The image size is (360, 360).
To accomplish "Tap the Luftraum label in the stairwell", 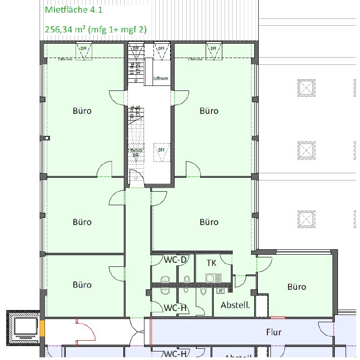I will point(161,78).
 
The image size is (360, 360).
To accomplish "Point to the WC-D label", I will point(175,260).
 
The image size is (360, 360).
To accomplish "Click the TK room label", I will point(212,263).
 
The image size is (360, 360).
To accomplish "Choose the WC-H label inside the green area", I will point(175,308).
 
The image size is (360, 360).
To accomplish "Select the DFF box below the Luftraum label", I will point(161,152).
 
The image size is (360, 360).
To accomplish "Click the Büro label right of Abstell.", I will point(297,287).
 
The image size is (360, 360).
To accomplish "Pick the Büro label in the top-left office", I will point(82,111).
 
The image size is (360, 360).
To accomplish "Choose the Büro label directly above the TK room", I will point(209,222).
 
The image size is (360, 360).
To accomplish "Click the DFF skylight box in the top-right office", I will point(213,50).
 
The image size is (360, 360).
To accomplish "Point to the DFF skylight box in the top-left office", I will point(84,50).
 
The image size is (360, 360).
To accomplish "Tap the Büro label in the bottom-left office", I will point(82,285).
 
